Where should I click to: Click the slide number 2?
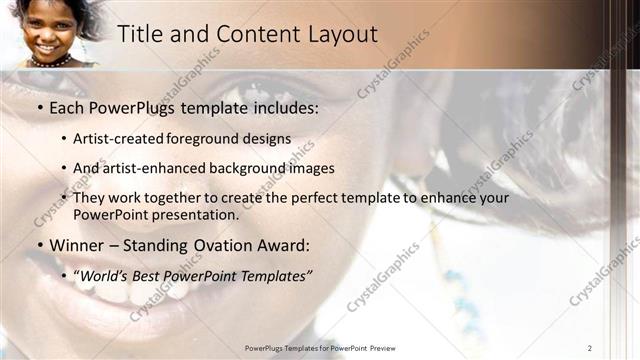coord(590,347)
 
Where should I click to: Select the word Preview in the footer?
coord(382,347)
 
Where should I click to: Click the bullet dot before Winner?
coord(39,246)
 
